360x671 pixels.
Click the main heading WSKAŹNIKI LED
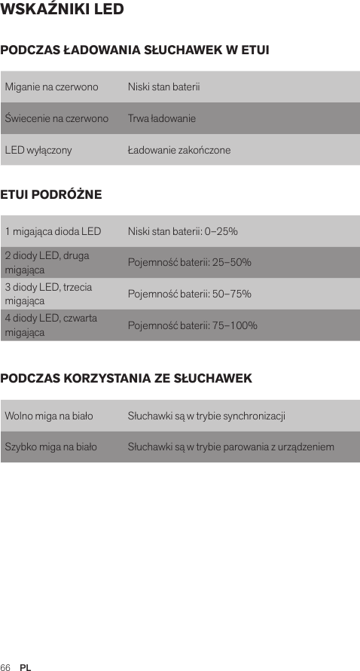pos(63,11)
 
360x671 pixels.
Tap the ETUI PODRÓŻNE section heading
pos(51,195)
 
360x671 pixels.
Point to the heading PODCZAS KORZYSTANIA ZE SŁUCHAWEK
pos(127,378)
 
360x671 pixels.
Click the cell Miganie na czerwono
pos(51,87)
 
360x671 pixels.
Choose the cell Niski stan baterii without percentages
pos(163,87)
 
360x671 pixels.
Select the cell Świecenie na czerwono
pos(56,119)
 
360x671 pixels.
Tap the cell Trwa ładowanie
pos(162,119)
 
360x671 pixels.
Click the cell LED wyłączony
pos(38,151)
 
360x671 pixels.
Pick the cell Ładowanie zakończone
pos(179,151)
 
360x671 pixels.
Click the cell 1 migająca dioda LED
pos(53,231)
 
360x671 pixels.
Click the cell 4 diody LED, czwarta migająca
pos(50,325)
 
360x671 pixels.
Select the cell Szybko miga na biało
pos(50,447)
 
